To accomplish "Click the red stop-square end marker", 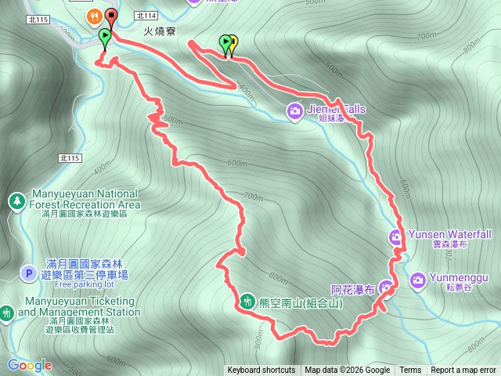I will pos(110,15).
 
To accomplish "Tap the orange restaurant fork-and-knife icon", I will pos(94,15).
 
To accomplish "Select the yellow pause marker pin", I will pos(232,42).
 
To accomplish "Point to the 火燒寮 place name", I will pos(159,32).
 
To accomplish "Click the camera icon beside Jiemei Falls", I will pos(294,110).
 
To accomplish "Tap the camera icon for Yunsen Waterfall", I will pos(396,235).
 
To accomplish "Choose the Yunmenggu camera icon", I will pos(417,279).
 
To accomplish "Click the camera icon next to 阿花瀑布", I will pos(386,287).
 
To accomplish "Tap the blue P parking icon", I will pos(28,273).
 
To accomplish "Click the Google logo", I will pos(30,365).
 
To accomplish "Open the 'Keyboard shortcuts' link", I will pos(261,371).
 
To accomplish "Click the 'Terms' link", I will pos(410,371).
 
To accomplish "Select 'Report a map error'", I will pos(463,371).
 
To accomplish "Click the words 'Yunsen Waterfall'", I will pos(449,234).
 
